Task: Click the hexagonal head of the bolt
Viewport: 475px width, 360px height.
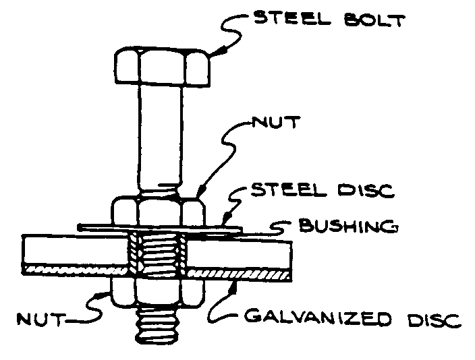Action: click(x=161, y=65)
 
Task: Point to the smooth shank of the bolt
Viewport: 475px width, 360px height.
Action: click(x=161, y=135)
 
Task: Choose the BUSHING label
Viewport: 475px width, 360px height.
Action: click(x=347, y=227)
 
